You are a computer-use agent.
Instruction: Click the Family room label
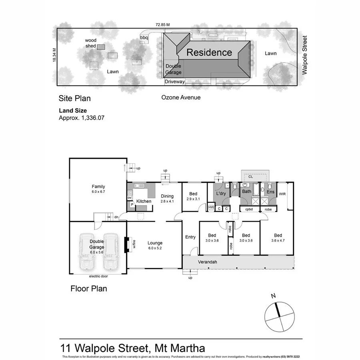[x=98, y=186]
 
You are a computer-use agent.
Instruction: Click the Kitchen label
[x=144, y=201]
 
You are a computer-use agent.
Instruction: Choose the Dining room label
[x=167, y=196]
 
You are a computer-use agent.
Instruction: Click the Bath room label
[x=246, y=192]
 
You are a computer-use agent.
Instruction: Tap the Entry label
[x=190, y=237]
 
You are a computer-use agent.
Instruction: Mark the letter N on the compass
[x=273, y=296]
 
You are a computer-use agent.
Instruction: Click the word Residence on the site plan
[x=209, y=52]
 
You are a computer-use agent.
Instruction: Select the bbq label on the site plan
[x=144, y=38]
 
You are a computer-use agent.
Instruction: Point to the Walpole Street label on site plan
[x=304, y=55]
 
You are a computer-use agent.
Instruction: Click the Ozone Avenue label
[x=181, y=97]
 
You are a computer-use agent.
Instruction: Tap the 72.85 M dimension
[x=162, y=25]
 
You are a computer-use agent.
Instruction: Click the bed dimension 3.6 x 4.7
[x=278, y=241]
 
